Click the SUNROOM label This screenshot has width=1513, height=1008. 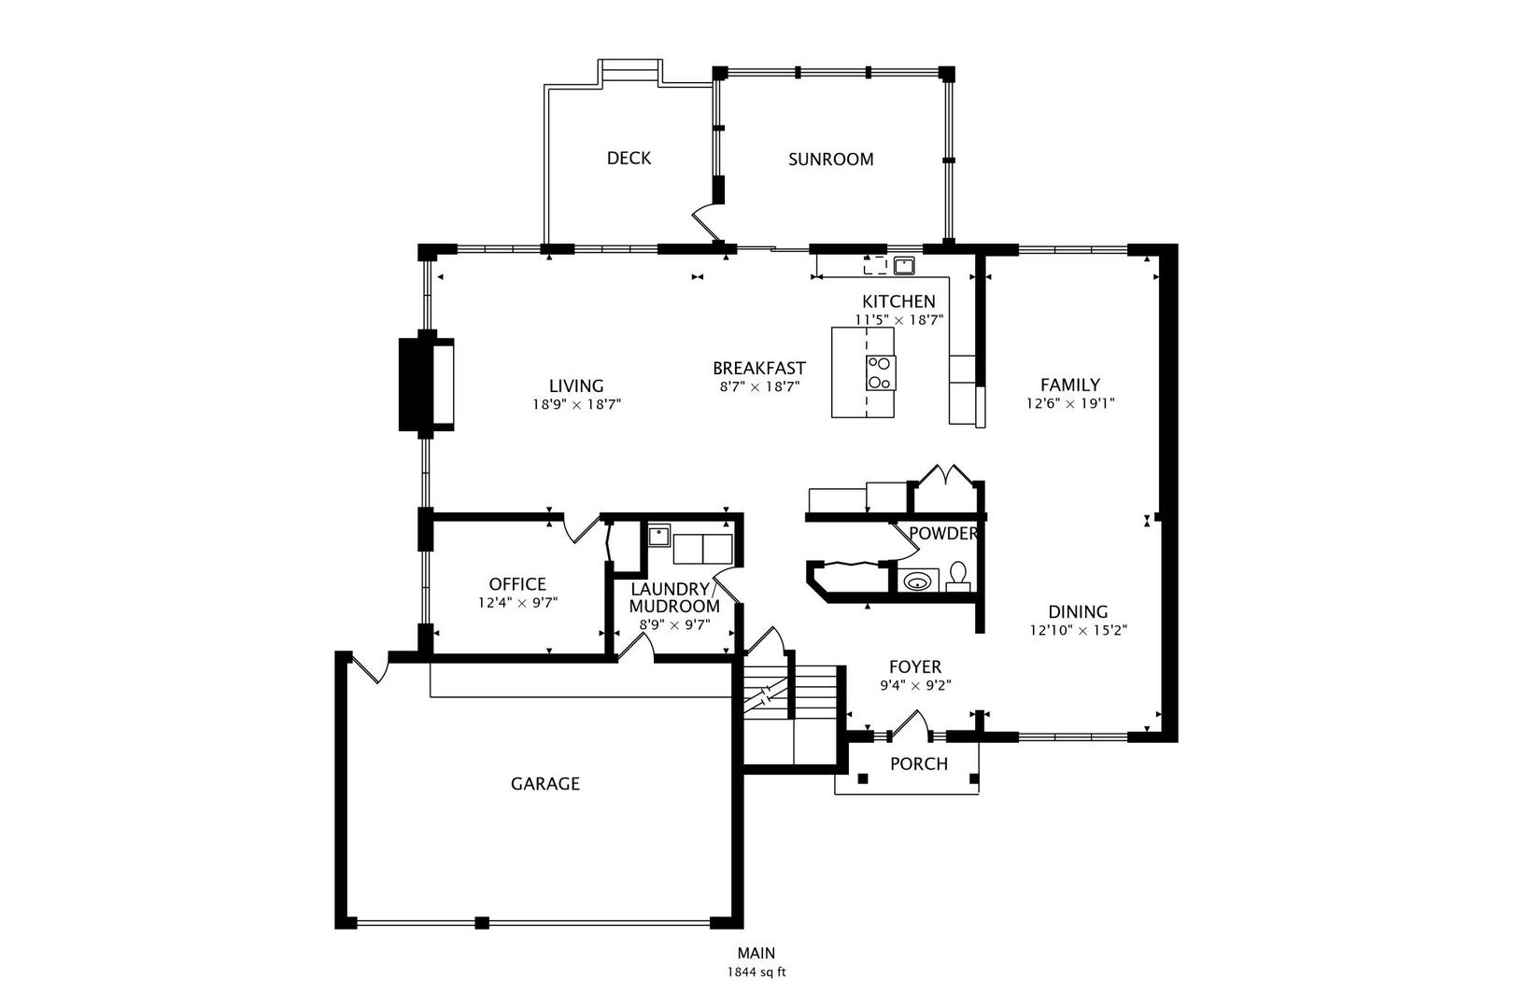tap(830, 160)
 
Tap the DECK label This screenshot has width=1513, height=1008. tap(629, 159)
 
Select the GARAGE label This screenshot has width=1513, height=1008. tap(544, 784)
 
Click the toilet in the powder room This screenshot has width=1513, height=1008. tap(958, 577)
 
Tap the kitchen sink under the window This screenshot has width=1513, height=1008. tap(903, 265)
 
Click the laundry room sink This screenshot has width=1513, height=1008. tap(659, 536)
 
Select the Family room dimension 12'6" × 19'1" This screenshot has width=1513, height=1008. tap(1070, 404)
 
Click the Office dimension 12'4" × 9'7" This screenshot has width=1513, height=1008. tap(517, 603)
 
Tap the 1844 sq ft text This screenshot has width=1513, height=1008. tap(756, 972)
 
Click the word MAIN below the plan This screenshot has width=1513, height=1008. tap(756, 954)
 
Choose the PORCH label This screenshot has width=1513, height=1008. tap(918, 764)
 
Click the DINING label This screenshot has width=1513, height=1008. tap(1078, 612)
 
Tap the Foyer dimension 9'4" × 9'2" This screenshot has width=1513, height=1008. tap(915, 685)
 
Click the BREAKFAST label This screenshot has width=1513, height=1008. tap(758, 369)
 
